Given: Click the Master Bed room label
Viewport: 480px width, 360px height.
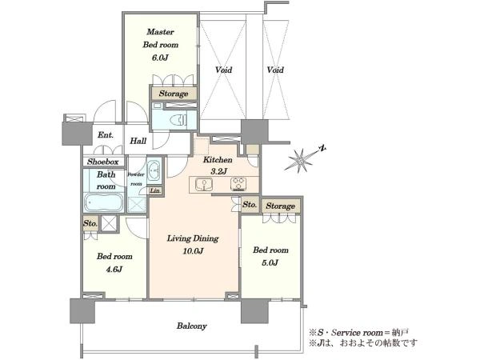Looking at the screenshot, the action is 161,38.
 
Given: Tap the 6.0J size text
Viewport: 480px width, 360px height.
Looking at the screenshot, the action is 160,58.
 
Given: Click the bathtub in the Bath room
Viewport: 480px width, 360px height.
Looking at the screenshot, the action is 104,202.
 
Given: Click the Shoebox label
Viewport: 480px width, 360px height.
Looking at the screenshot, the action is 102,162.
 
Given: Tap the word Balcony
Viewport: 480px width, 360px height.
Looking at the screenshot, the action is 192,326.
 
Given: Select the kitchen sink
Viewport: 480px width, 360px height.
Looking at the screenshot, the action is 203,184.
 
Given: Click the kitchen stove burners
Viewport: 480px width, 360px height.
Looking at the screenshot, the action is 238,184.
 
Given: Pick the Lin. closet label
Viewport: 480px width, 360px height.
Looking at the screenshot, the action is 155,190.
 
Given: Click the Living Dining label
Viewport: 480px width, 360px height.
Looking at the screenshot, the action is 193,238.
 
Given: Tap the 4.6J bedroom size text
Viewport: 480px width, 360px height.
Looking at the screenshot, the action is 114,270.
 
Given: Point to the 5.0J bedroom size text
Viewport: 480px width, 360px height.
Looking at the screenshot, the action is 270,263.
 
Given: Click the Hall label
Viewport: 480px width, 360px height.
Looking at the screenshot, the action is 138,141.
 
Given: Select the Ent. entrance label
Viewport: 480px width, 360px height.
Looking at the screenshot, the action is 106,134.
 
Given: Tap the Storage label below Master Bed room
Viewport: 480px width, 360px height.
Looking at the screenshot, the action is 174,94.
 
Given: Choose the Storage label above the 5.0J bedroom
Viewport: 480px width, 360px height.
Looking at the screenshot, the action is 281,206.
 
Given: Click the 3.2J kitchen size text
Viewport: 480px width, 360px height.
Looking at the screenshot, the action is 218,171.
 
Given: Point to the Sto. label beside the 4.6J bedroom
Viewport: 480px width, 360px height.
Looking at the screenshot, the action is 90,223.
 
